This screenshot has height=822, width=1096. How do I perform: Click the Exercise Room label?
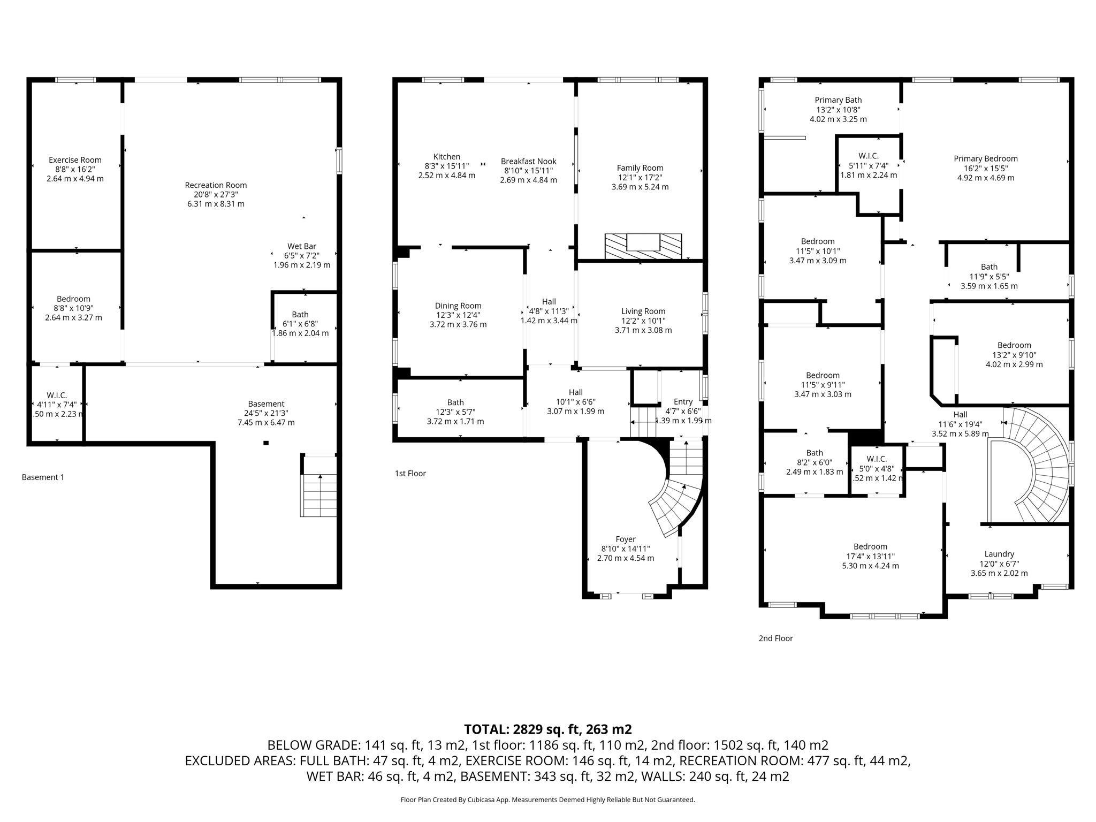tap(75, 160)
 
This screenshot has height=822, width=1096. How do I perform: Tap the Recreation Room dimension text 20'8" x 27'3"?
tap(216, 195)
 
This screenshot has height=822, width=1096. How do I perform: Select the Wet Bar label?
tap(302, 246)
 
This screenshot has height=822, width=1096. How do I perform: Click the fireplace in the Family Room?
tap(643, 246)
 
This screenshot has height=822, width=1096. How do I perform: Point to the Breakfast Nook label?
tap(528, 161)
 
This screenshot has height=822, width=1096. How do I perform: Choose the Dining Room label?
tap(458, 306)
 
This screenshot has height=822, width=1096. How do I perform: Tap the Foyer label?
tap(626, 539)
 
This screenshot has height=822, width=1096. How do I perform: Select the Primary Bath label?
tap(838, 100)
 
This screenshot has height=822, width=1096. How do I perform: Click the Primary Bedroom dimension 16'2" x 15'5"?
tap(985, 168)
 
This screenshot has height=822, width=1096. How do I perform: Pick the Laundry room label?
tap(999, 554)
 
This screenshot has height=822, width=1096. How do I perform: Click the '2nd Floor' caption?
tap(775, 638)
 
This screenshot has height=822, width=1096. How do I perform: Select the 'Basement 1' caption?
tap(43, 477)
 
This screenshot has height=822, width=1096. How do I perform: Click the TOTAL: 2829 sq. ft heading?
tap(547, 729)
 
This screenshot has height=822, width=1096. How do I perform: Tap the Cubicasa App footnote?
tap(547, 800)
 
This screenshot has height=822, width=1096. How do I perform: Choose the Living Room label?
tap(643, 311)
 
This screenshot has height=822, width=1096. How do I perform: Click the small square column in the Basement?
tap(266, 443)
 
